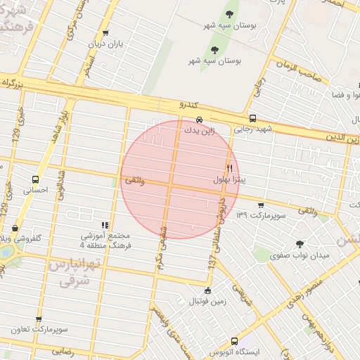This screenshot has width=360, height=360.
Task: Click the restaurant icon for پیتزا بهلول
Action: tap(229, 168)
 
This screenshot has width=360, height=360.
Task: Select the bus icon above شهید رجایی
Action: tap(252, 118)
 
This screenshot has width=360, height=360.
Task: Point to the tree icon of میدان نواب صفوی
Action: tap(300, 244)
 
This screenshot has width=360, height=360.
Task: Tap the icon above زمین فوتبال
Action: tap(207, 290)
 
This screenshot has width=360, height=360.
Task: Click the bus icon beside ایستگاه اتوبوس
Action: tap(233, 341)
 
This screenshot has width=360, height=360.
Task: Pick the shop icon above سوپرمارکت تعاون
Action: tap(39, 319)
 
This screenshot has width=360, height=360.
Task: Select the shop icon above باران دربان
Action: tap(105, 32)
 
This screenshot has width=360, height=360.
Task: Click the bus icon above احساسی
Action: tap(35, 179)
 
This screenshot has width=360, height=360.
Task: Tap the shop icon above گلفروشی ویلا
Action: tap(15, 228)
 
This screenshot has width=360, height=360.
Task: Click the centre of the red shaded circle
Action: tap(178, 180)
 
